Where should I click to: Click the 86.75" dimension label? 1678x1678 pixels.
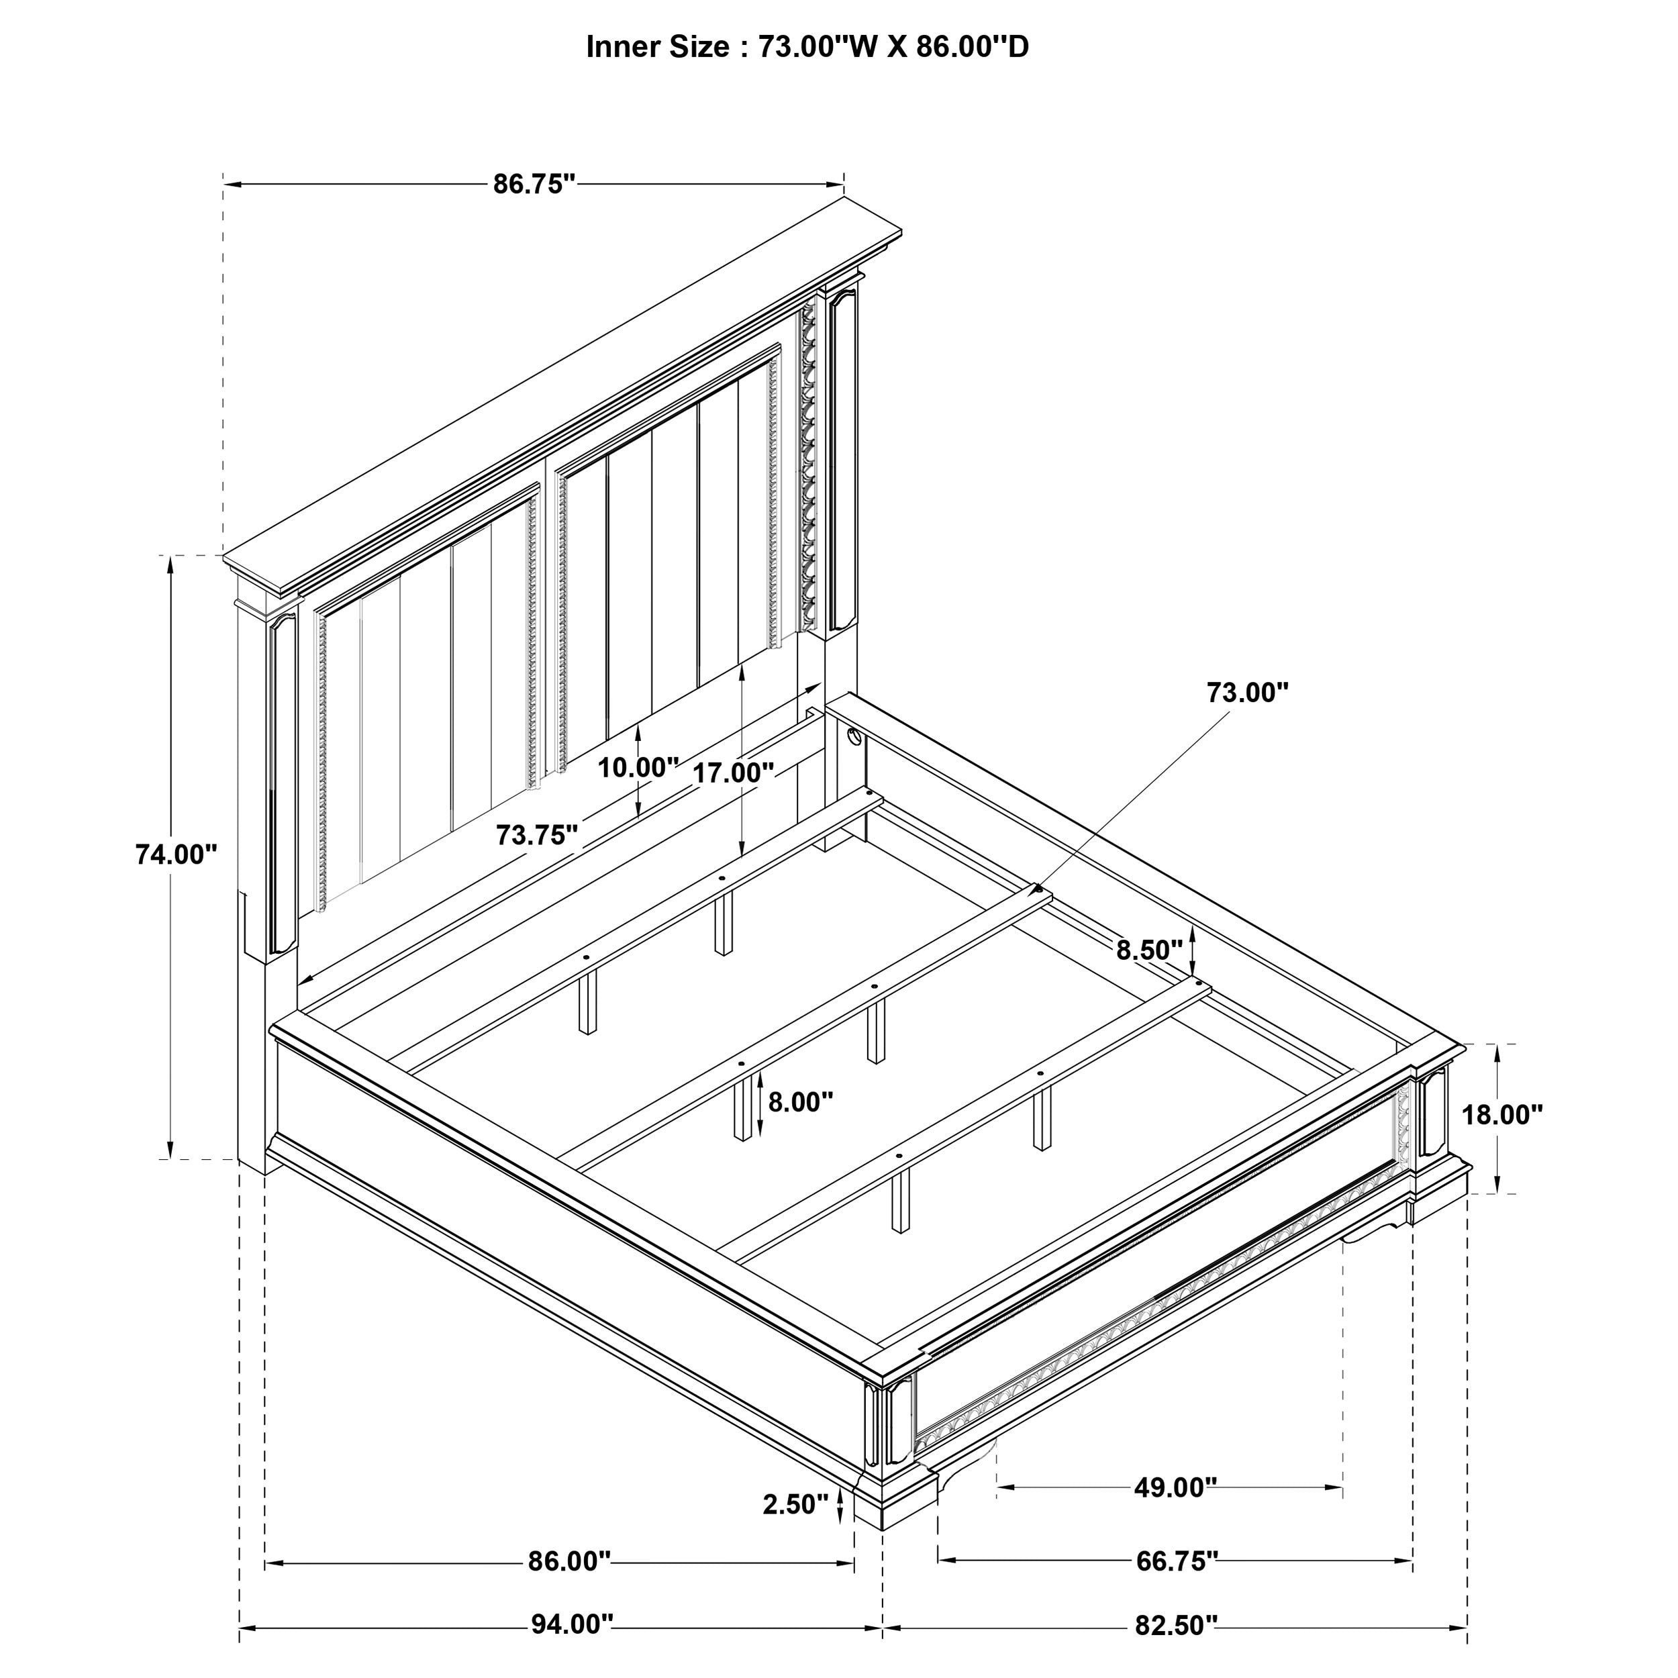pos(534,184)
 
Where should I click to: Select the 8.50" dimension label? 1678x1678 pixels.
pos(1149,950)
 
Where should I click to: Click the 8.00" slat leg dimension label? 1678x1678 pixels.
pos(800,1102)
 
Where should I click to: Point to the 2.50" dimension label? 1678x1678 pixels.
pos(795,1504)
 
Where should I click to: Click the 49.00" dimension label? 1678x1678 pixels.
pos(1174,1488)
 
